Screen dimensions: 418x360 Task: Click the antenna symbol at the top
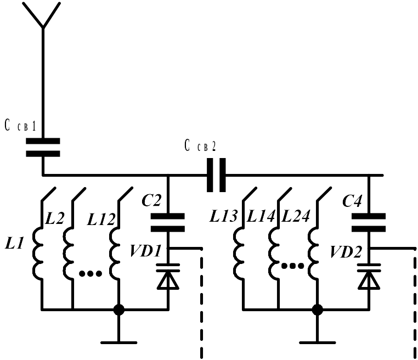coord(43,16)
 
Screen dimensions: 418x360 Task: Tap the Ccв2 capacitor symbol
coord(216,175)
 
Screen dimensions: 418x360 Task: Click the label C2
coord(151,200)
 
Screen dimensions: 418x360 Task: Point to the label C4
coord(352,200)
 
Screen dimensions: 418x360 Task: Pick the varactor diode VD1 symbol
coord(168,277)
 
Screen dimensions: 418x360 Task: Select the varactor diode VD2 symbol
coord(369,277)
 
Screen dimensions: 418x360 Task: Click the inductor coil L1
coord(38,254)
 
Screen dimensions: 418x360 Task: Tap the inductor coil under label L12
coord(115,254)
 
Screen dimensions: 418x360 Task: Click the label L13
coord(223,216)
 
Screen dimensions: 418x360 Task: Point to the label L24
coord(296,216)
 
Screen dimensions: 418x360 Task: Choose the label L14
coord(261,216)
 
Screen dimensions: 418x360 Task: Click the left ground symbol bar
coord(119,342)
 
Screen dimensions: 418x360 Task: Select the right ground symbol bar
coord(317,342)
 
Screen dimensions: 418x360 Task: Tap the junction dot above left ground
coord(119,310)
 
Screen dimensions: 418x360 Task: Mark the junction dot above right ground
coord(317,310)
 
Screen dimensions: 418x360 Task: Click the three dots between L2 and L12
coord(91,273)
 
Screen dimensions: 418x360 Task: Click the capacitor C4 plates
coord(369,222)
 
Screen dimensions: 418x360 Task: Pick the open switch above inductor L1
coord(48,194)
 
